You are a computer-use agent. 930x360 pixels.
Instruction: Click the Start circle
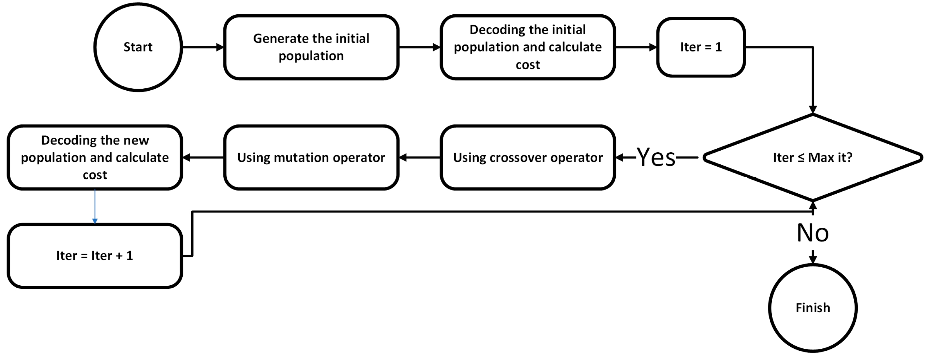tap(138, 47)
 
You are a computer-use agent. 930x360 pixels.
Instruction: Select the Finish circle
tap(813, 307)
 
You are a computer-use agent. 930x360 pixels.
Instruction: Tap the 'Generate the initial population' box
tap(311, 47)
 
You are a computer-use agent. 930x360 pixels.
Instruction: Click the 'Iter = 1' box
tap(701, 47)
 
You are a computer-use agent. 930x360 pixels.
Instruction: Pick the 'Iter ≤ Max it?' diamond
tap(813, 157)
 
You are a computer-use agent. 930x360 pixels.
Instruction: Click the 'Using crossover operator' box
tap(528, 157)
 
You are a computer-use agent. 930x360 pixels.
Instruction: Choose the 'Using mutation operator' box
tap(311, 157)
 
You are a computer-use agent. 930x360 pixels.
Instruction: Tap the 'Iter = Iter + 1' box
tap(94, 256)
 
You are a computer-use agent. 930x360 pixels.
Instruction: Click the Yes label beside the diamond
tap(656, 157)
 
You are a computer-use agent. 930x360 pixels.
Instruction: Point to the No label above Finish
tap(813, 233)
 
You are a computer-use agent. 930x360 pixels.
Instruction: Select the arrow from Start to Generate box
tap(202, 47)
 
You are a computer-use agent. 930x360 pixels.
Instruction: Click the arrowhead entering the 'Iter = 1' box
tap(653, 47)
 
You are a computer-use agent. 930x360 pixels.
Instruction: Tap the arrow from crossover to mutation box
tap(420, 157)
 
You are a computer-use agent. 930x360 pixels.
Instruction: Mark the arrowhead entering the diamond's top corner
tap(813, 109)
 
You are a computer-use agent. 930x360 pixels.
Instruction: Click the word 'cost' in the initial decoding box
tap(528, 65)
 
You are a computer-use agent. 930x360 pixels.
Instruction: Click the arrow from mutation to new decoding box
tap(203, 157)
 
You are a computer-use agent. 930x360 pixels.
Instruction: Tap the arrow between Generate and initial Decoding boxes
tap(420, 47)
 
